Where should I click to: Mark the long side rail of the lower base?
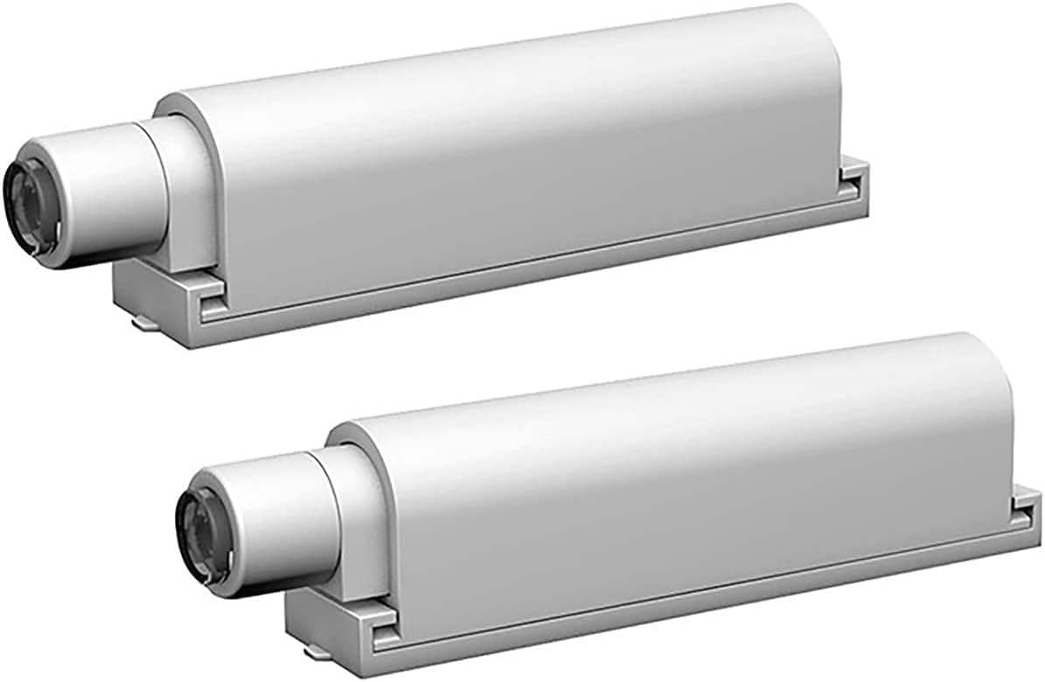700,603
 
